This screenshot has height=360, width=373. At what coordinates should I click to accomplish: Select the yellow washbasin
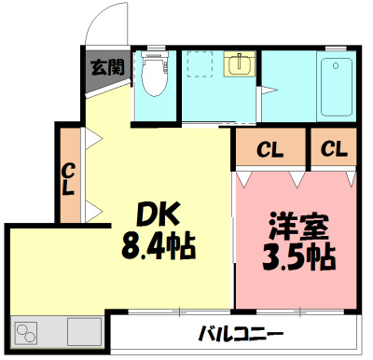pyautogui.click(x=240, y=63)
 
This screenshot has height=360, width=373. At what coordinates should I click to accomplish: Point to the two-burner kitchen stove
pyautogui.click(x=29, y=331)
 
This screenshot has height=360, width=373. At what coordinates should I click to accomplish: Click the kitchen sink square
pyautogui.click(x=83, y=331)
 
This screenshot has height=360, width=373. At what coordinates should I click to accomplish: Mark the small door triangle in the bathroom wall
pyautogui.click(x=265, y=91)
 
